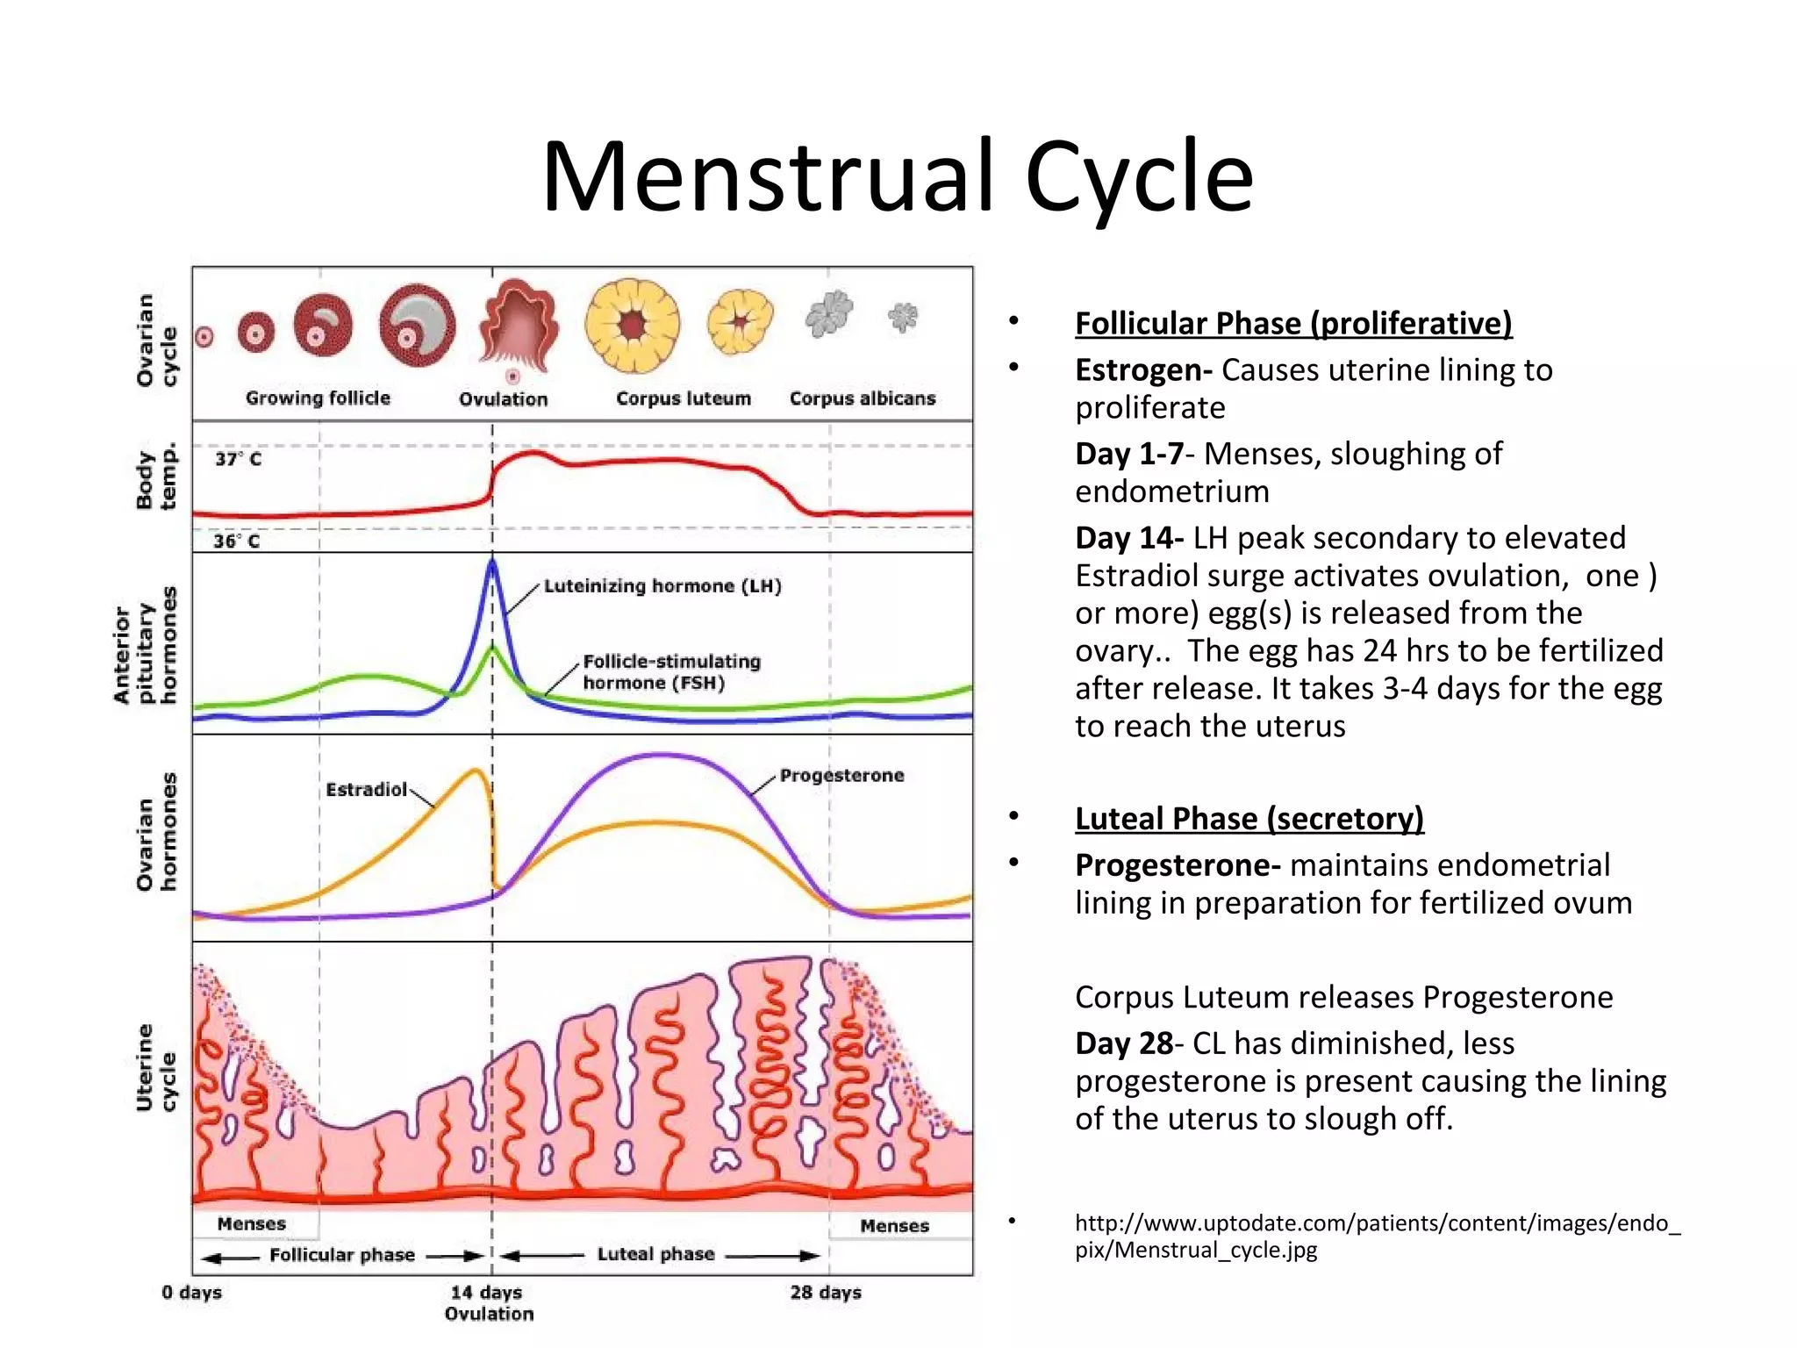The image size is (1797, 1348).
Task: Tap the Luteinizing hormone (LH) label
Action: [662, 585]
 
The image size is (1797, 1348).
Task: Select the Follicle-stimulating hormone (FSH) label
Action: [671, 672]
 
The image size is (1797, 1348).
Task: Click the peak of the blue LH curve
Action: [492, 563]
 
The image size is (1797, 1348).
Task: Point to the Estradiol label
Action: [366, 790]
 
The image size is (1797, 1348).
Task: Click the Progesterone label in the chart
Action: [841, 775]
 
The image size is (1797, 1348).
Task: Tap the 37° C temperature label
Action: [238, 459]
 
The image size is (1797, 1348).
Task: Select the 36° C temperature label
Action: [237, 541]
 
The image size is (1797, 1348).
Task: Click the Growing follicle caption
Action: [318, 398]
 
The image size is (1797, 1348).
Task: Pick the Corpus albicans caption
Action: [862, 398]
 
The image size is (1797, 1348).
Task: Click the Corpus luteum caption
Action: [683, 398]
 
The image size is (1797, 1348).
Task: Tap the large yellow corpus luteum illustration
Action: [632, 326]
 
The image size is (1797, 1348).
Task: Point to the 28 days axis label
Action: [825, 1292]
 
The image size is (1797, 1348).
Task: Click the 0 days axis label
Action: [192, 1292]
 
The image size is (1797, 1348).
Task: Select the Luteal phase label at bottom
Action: [655, 1254]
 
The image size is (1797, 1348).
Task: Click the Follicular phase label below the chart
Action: [341, 1255]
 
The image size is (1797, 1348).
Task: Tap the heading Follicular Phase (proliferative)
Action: [1293, 323]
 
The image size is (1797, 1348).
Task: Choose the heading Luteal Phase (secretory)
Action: [1249, 818]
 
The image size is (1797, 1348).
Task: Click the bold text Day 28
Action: [1124, 1043]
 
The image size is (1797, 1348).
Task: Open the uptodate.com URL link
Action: [1377, 1236]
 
